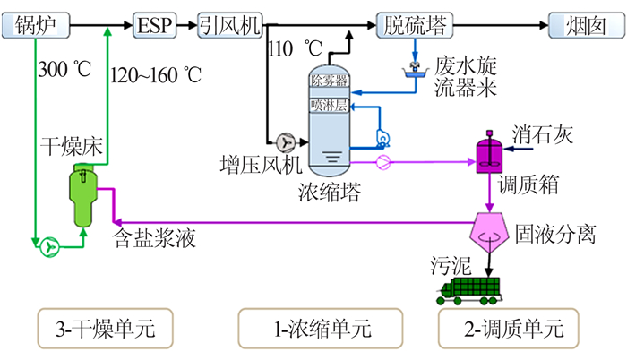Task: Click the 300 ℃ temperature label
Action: click(x=62, y=68)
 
